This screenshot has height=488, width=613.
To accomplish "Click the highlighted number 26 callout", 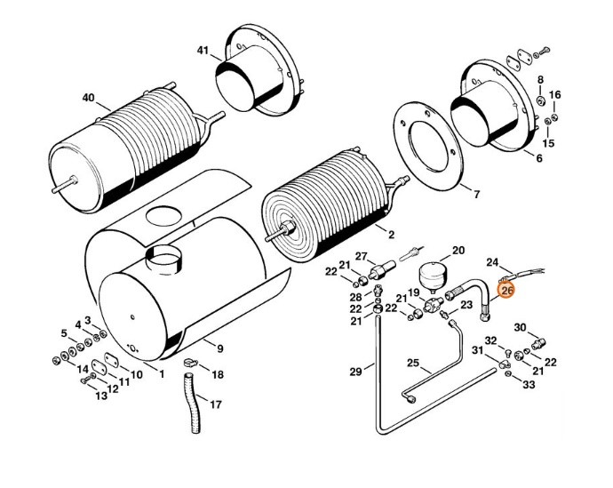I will [507, 290].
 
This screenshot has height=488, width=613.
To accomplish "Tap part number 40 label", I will [88, 98].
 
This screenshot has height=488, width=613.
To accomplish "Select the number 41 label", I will [203, 51].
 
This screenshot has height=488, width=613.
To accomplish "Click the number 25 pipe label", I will [412, 362].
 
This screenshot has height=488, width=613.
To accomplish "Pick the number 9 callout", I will [219, 348].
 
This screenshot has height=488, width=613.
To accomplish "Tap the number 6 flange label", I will [538, 157].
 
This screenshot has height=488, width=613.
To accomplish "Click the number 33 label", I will [529, 385].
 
